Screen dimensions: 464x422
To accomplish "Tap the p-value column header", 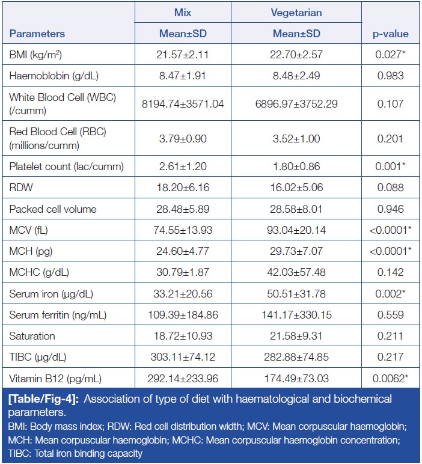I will (x=390, y=34).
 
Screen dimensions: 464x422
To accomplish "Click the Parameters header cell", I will (x=37, y=34).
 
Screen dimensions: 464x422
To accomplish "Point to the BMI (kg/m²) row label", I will (x=36, y=55).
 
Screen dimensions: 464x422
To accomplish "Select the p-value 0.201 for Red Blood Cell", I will (x=390, y=139).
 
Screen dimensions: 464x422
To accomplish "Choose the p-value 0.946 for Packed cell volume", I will (x=390, y=209).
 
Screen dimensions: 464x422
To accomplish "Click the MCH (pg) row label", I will (x=31, y=251).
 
